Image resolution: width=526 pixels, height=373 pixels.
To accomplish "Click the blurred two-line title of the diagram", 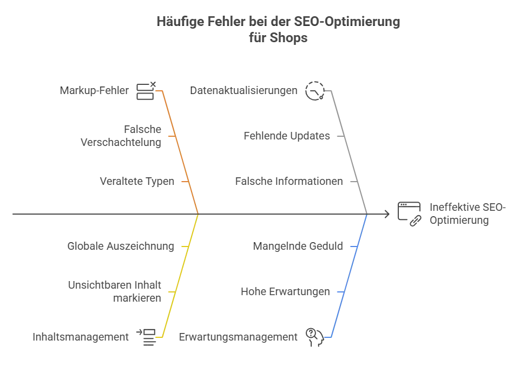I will [279, 29].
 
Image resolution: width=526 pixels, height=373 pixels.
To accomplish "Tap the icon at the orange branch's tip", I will [144, 91].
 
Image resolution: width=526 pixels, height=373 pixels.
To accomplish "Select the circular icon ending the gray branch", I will [313, 90].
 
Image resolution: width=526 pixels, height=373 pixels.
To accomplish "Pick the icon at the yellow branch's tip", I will [146, 336].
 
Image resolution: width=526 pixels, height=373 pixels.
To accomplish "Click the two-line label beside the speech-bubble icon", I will [468, 214].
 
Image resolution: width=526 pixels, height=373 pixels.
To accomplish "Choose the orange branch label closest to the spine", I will [139, 181].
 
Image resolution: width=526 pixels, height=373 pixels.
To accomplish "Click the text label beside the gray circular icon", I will [245, 91].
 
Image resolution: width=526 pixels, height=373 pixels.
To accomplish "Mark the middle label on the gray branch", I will [286, 136].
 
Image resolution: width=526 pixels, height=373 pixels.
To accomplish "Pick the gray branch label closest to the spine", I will [290, 181].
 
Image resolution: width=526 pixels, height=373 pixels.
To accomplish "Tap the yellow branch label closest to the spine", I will [121, 247].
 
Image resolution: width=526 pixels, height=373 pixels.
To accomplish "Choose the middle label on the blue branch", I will [286, 292].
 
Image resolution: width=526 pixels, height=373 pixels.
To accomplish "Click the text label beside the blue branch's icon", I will [239, 336].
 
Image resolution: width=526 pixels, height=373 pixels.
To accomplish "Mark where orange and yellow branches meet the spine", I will [199, 215].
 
